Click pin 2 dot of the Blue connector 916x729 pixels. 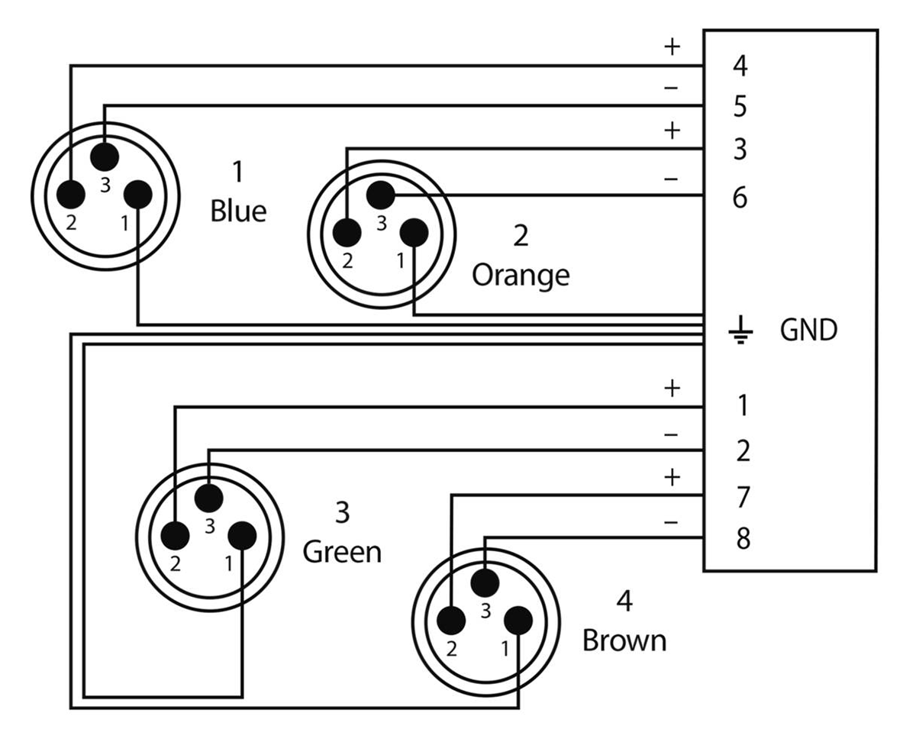tap(72, 194)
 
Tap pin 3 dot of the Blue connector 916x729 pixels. tap(105, 156)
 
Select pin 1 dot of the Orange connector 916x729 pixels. tap(414, 232)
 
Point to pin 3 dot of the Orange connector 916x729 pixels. tap(379, 195)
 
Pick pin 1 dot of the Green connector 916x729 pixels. tap(242, 536)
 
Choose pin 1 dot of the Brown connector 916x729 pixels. tap(518, 620)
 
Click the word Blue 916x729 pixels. tap(238, 211)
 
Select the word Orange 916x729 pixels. tap(521, 275)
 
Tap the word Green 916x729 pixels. tap(342, 551)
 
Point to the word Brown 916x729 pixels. tap(624, 640)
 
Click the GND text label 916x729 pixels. tap(808, 331)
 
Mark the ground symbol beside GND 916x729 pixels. tap(740, 331)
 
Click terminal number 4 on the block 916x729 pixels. tap(739, 67)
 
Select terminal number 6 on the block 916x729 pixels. tap(739, 198)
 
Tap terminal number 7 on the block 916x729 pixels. tap(741, 498)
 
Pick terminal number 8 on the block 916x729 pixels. tap(741, 539)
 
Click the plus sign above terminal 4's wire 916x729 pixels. tap(672, 47)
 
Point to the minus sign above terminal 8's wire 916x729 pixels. tap(672, 523)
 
